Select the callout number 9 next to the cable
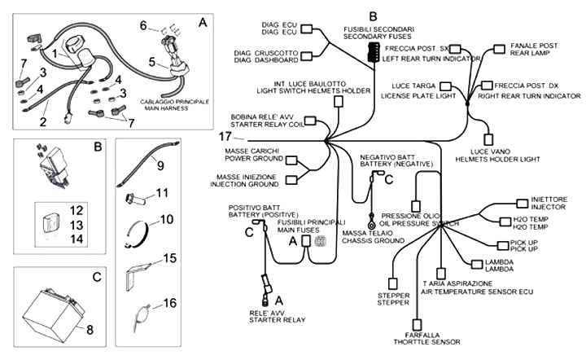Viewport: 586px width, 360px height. (x=160, y=166)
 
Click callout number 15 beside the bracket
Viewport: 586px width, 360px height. (x=169, y=258)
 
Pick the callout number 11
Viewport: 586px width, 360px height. (x=163, y=193)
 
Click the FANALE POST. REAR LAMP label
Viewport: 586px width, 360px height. (x=533, y=50)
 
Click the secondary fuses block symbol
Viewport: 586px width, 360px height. (x=374, y=52)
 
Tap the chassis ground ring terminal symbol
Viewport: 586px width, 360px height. (x=371, y=222)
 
